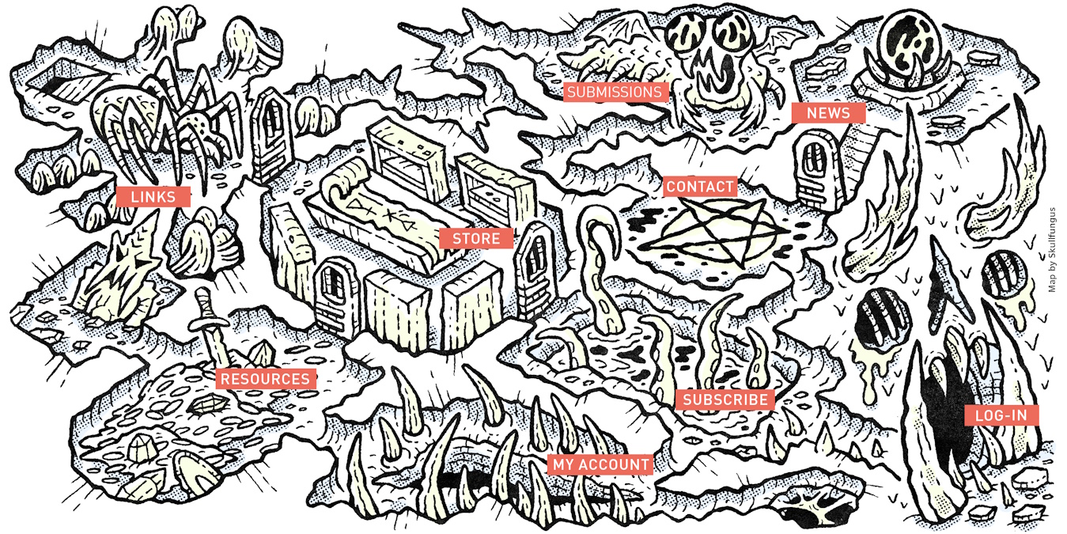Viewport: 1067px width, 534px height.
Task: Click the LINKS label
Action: (153, 197)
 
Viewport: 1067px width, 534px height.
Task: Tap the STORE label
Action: (476, 238)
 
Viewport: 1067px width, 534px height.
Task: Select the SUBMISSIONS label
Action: (614, 93)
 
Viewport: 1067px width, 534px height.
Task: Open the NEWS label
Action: (828, 113)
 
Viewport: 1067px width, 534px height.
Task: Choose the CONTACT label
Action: (701, 187)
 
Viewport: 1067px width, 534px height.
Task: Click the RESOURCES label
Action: (265, 379)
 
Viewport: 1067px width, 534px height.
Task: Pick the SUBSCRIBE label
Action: (725, 400)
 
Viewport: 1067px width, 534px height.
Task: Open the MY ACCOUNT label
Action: (601, 464)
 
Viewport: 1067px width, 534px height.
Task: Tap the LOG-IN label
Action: (1001, 415)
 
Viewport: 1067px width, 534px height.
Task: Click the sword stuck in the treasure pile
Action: (207, 324)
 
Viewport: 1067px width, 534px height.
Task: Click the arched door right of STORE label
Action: (535, 261)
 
